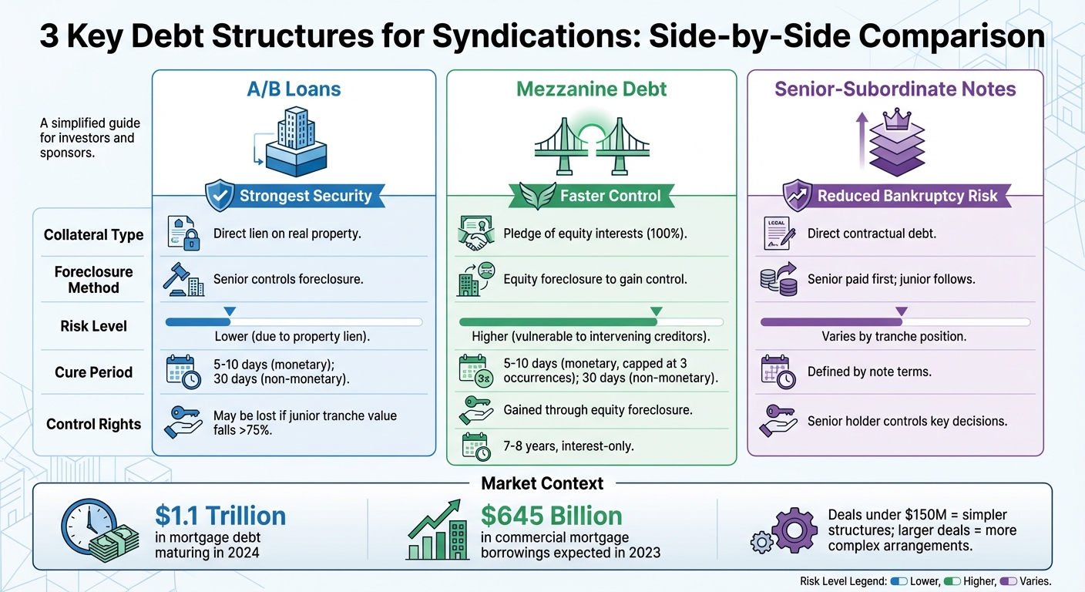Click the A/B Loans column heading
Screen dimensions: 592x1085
pos(293,89)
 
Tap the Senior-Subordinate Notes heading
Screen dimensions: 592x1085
pos(895,89)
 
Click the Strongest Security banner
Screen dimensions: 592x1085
pos(304,196)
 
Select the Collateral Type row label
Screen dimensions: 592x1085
pos(93,235)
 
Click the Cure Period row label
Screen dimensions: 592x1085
pos(93,372)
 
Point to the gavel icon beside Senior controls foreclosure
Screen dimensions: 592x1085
pos(183,279)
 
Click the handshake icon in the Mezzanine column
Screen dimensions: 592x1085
pos(475,234)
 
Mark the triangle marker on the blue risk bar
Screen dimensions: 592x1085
pos(229,311)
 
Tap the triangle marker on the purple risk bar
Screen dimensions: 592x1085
pos(902,311)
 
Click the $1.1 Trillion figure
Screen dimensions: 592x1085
pos(220,516)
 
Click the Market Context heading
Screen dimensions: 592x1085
pos(542,484)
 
